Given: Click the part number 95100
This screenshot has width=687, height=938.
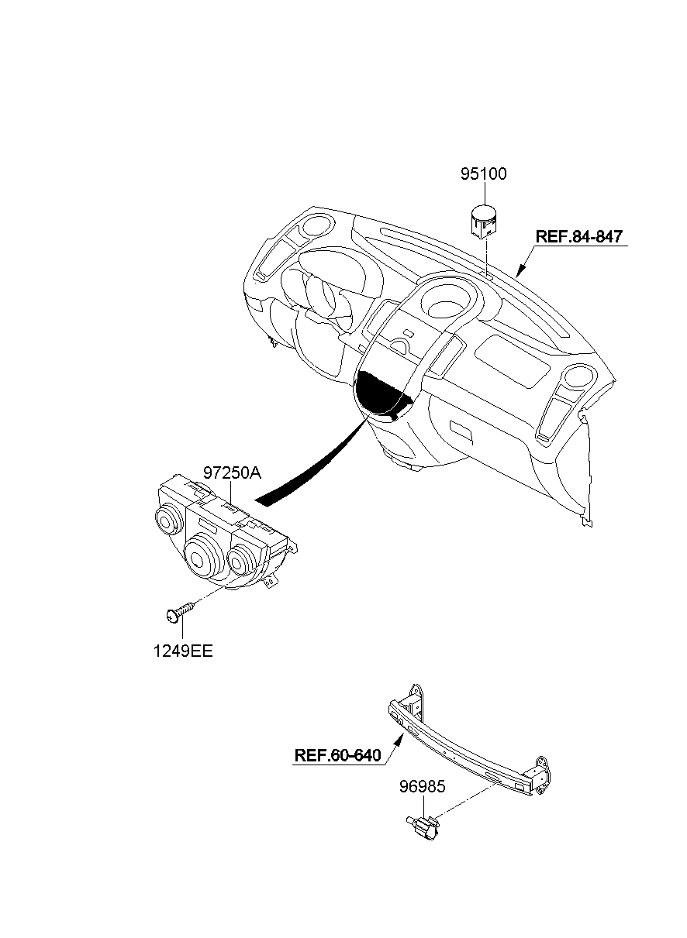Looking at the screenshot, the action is point(483,174).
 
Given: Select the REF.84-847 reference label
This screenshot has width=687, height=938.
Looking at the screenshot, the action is point(579,236).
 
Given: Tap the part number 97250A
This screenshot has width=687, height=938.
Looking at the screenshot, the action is point(232,473).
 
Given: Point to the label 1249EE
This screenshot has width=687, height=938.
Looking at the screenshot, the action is point(183,651).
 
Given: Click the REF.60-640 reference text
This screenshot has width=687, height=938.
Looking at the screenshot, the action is point(338,755).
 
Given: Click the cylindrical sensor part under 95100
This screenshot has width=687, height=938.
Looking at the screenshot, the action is point(484,220).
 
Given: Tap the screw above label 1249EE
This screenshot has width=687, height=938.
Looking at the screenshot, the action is point(180,614).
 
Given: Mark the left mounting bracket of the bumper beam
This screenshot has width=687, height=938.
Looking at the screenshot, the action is point(410,699).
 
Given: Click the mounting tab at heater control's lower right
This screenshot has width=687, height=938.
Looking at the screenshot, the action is point(271,580).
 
